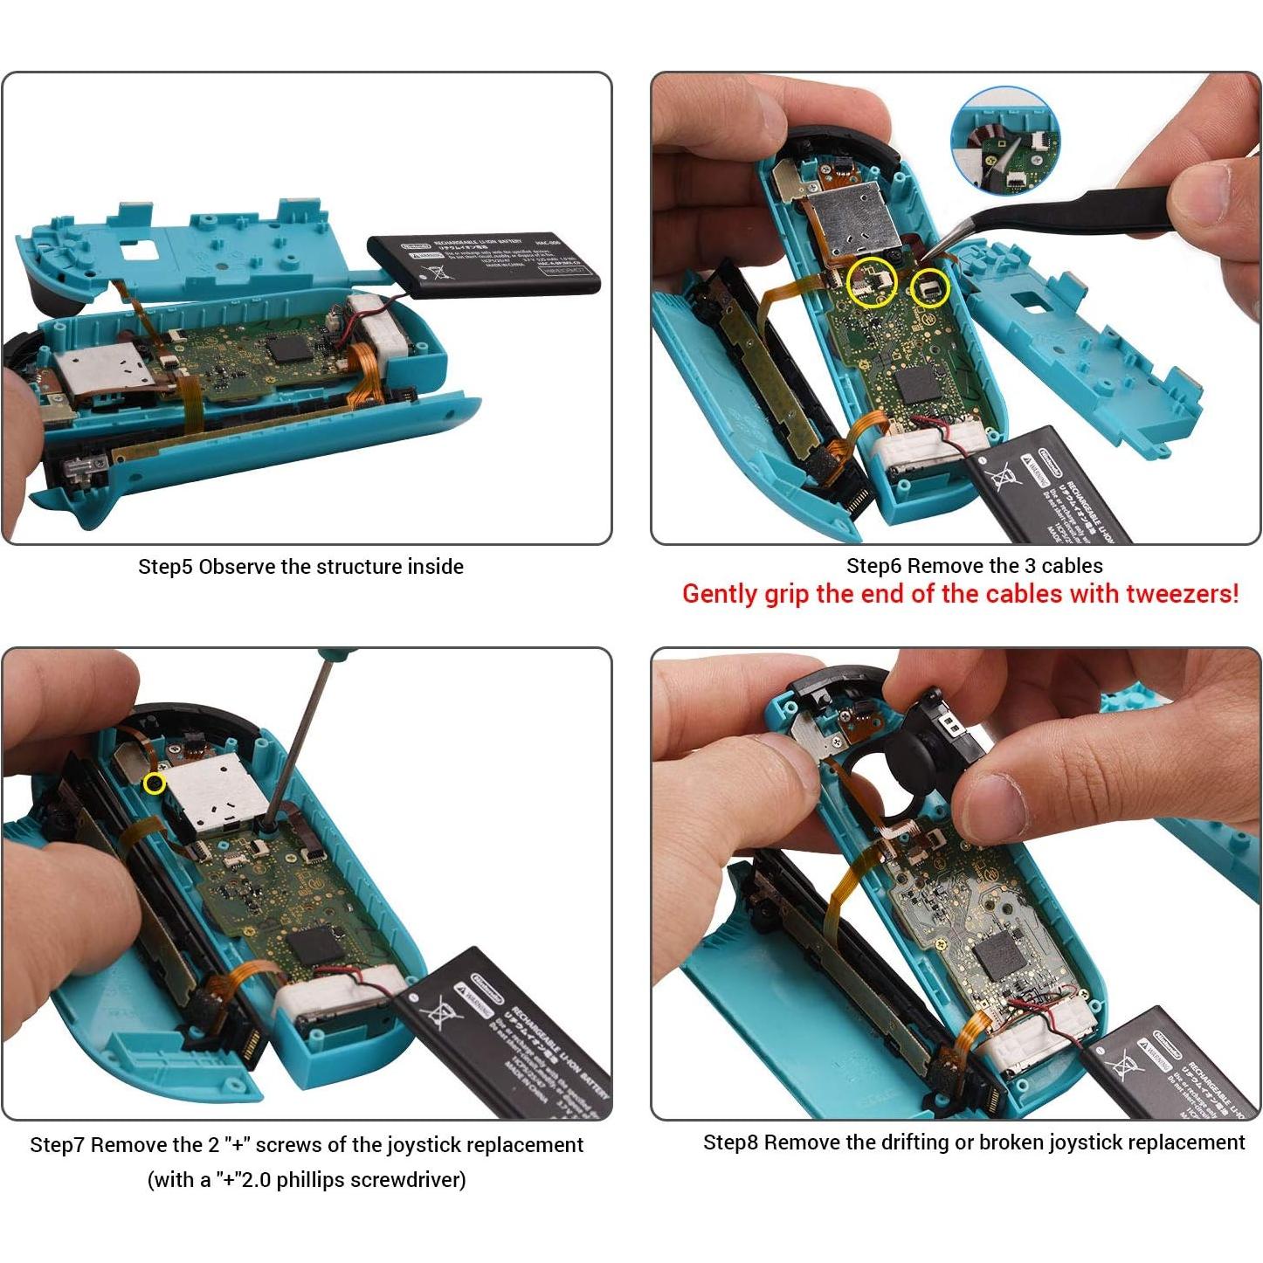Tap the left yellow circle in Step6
872,282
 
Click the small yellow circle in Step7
155,783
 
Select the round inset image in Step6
1005,141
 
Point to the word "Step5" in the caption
165,567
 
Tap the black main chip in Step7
313,946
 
